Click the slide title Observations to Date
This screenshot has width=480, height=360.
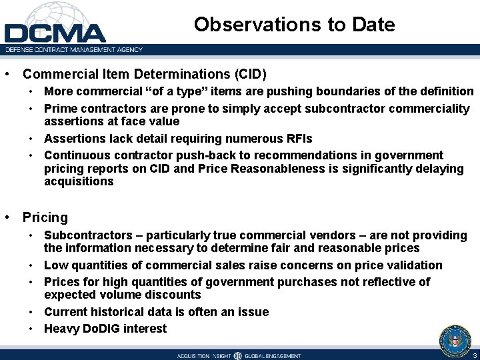(294, 25)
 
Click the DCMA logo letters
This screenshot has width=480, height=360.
(55, 33)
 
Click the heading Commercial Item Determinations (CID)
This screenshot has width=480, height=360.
(144, 73)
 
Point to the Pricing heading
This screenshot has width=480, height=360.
(45, 217)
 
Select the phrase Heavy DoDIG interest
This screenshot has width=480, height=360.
(105, 328)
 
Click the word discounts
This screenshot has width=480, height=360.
(174, 295)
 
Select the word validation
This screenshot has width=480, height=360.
(415, 265)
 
